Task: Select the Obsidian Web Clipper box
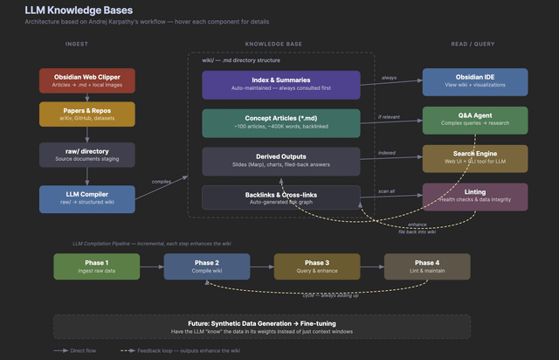tap(86, 80)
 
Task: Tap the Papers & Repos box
tap(86, 114)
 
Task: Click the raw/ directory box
tap(86, 155)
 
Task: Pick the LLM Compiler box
tap(86, 198)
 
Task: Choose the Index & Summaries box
tap(280, 85)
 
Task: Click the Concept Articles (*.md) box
tap(280, 123)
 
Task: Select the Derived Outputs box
tap(280, 161)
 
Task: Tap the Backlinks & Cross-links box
tap(280, 197)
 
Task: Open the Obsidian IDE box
tap(475, 81)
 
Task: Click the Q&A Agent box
tap(475, 120)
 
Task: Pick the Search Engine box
tap(475, 158)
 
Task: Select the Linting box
tap(475, 196)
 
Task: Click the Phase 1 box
tap(96, 267)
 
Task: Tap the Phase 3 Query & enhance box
tap(317, 267)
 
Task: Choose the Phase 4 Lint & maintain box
tap(427, 267)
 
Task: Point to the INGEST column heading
tap(77, 43)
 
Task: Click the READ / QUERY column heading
tap(476, 43)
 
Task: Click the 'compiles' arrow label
tap(162, 182)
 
